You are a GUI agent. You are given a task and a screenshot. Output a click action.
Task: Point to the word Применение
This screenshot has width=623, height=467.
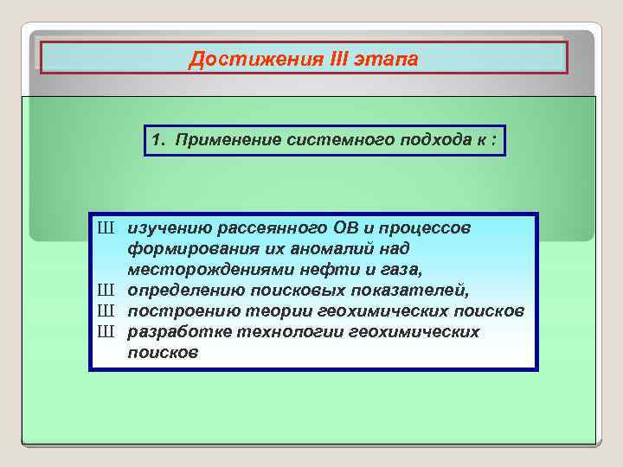[218, 139]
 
